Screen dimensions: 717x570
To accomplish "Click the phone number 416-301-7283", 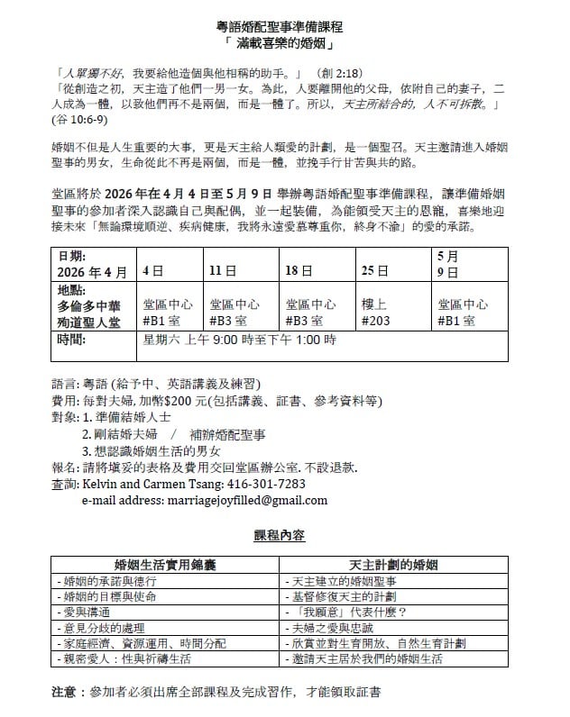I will click(x=267, y=484).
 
